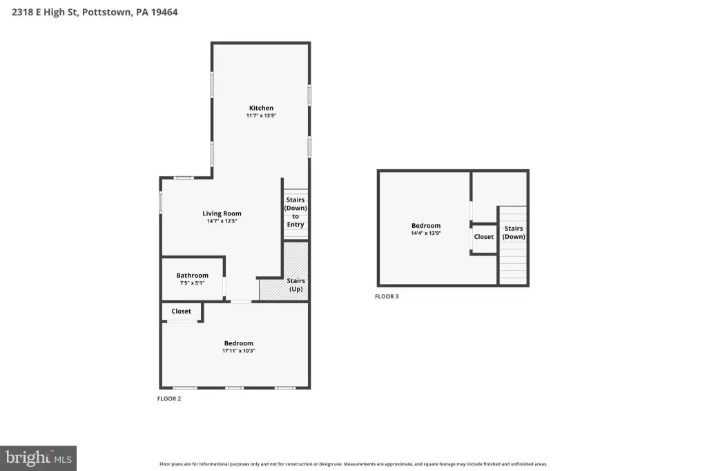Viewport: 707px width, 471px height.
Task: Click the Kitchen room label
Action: [x=261, y=108]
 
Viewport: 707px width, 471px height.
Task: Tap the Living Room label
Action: [x=222, y=213]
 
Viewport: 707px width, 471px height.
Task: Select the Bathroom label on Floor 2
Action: [x=192, y=275]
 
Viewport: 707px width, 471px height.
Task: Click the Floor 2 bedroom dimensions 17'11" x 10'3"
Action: [x=238, y=351]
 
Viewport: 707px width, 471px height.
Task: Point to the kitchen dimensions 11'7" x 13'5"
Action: [x=261, y=115]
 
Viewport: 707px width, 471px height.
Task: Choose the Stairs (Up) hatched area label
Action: [x=296, y=285]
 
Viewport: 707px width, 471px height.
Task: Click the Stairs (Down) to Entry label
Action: [x=296, y=212]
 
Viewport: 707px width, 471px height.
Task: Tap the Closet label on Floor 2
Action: [x=182, y=311]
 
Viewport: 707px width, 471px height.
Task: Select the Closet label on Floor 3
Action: [x=484, y=236]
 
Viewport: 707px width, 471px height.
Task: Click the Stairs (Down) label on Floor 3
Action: [x=514, y=232]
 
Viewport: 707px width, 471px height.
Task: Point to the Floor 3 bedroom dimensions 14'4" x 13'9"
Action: [x=426, y=233]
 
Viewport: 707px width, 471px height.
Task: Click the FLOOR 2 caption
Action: [x=169, y=398]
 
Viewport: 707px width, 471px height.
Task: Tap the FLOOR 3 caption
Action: [x=387, y=296]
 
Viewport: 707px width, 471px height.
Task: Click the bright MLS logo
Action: [x=39, y=459]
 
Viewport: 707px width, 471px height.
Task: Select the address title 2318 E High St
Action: [x=45, y=12]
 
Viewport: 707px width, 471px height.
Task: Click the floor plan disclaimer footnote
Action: [x=353, y=464]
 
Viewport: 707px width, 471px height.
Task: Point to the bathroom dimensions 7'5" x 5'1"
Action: [x=192, y=283]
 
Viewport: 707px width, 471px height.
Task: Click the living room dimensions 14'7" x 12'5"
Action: [x=222, y=221]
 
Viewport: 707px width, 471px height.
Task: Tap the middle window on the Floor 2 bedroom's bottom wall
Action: [x=235, y=387]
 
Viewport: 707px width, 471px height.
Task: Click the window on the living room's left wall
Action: [x=160, y=202]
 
